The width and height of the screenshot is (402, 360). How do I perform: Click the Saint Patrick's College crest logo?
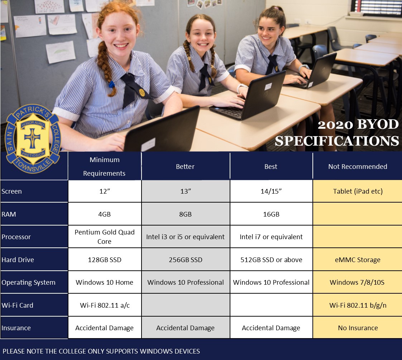pyautogui.click(x=33, y=139)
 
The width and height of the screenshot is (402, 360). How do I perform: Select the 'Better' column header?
pyautogui.click(x=185, y=166)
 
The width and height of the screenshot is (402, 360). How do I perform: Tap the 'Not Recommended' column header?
pyautogui.click(x=358, y=166)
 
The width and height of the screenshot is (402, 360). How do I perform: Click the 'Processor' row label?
pyautogui.click(x=16, y=237)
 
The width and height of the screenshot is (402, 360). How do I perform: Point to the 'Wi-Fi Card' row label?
pyautogui.click(x=18, y=305)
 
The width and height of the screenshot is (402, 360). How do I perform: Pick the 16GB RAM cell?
pyautogui.click(x=271, y=214)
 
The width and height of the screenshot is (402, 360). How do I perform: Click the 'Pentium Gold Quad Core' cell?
pyautogui.click(x=105, y=237)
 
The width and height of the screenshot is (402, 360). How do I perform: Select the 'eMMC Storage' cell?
pyautogui.click(x=358, y=260)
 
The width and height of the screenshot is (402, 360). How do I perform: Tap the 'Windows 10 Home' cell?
pyautogui.click(x=105, y=282)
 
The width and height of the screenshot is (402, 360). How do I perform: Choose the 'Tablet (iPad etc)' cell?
pyautogui.click(x=358, y=191)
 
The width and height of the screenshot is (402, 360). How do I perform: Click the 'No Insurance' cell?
pyautogui.click(x=358, y=328)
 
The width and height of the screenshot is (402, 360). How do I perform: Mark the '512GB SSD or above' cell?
pyautogui.click(x=271, y=260)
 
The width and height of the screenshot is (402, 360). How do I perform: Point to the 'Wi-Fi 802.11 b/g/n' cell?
pyautogui.click(x=358, y=305)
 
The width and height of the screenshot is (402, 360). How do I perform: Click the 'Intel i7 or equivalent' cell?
pyautogui.click(x=271, y=237)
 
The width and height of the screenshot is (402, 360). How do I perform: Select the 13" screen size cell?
pyautogui.click(x=186, y=191)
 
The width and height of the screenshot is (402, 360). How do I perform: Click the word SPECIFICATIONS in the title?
pyautogui.click(x=337, y=141)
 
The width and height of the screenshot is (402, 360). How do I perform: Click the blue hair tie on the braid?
pyautogui.click(x=111, y=84)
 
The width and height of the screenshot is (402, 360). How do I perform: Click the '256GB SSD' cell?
pyautogui.click(x=186, y=260)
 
